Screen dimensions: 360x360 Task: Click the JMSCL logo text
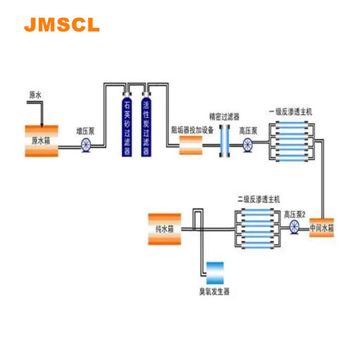61,24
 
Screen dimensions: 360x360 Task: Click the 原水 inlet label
36,96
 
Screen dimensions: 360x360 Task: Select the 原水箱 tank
41,141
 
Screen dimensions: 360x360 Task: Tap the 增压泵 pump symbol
86,144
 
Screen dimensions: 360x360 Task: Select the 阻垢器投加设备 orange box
190,144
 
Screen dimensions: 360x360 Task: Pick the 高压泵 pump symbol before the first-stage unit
248,144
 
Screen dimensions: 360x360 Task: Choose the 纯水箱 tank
164,229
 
